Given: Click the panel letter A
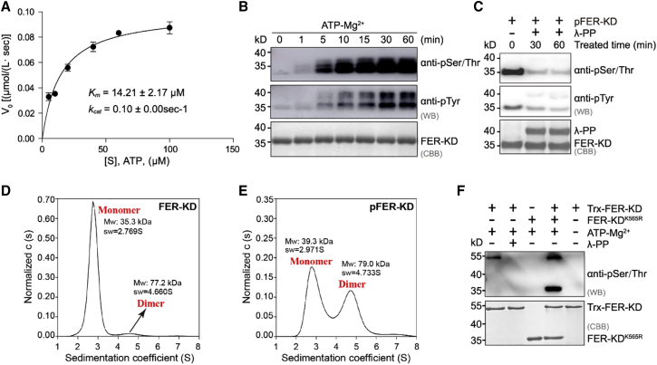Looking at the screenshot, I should pos(7,10).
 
